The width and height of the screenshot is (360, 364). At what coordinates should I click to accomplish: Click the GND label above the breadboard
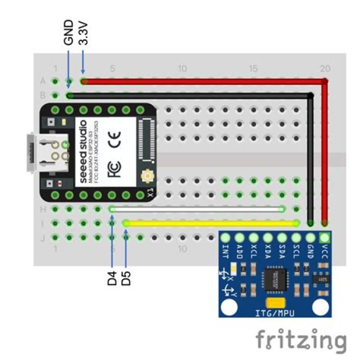click(69, 32)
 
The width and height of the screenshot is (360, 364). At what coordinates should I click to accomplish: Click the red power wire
click(200, 81)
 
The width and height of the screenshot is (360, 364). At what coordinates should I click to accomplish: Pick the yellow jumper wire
click(210, 223)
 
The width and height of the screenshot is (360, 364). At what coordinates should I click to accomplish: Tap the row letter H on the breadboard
click(42, 210)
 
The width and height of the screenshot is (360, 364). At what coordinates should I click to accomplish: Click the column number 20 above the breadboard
click(325, 68)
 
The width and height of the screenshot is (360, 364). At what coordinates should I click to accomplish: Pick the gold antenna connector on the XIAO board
click(147, 176)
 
